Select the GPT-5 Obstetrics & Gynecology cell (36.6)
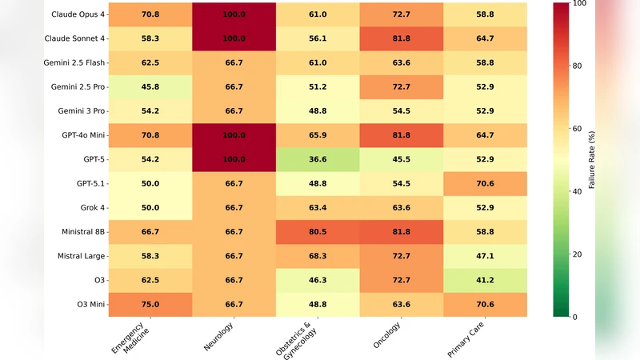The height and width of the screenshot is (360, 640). point(318,159)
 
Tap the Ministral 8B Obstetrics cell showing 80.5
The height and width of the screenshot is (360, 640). point(318,232)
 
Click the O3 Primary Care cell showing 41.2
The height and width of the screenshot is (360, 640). point(486,281)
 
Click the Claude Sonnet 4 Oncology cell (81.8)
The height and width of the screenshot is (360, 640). point(402,38)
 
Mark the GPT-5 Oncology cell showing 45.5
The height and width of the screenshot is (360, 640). point(402,159)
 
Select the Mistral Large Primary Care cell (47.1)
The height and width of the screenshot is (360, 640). point(486,257)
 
